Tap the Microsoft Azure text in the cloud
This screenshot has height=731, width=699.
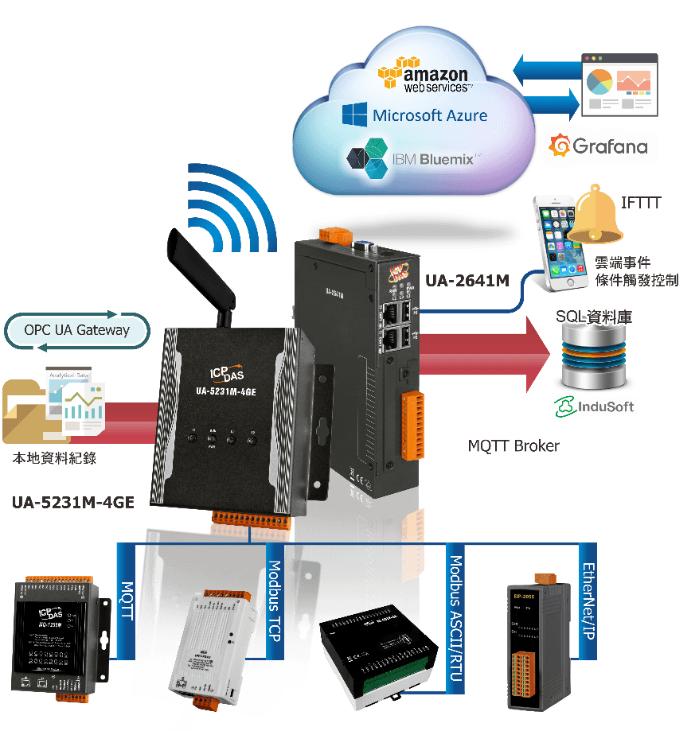(x=415, y=115)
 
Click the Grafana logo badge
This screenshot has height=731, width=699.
(x=599, y=146)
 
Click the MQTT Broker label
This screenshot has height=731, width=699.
(x=513, y=445)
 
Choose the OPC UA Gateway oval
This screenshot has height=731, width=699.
(x=77, y=330)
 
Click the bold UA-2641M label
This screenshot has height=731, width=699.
(x=467, y=280)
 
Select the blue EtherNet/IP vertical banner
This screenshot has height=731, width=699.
(x=588, y=601)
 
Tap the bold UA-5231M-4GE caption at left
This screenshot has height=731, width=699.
(x=73, y=502)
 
